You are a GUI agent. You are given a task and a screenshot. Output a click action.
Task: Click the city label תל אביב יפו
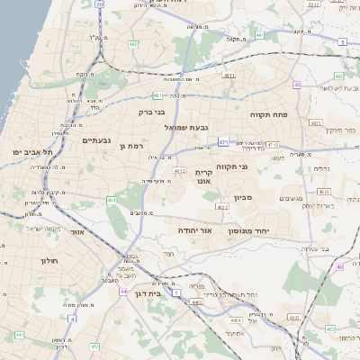33,153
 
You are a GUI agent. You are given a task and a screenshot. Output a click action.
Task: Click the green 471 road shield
222,141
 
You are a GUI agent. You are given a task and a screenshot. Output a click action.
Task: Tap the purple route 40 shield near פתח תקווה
296,85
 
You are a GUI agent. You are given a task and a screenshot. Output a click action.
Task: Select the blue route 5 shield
343,42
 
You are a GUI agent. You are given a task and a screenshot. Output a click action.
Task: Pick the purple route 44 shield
123,292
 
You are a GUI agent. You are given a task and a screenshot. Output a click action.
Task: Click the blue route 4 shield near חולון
72,318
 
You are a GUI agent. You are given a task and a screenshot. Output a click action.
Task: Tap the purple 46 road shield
340,266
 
